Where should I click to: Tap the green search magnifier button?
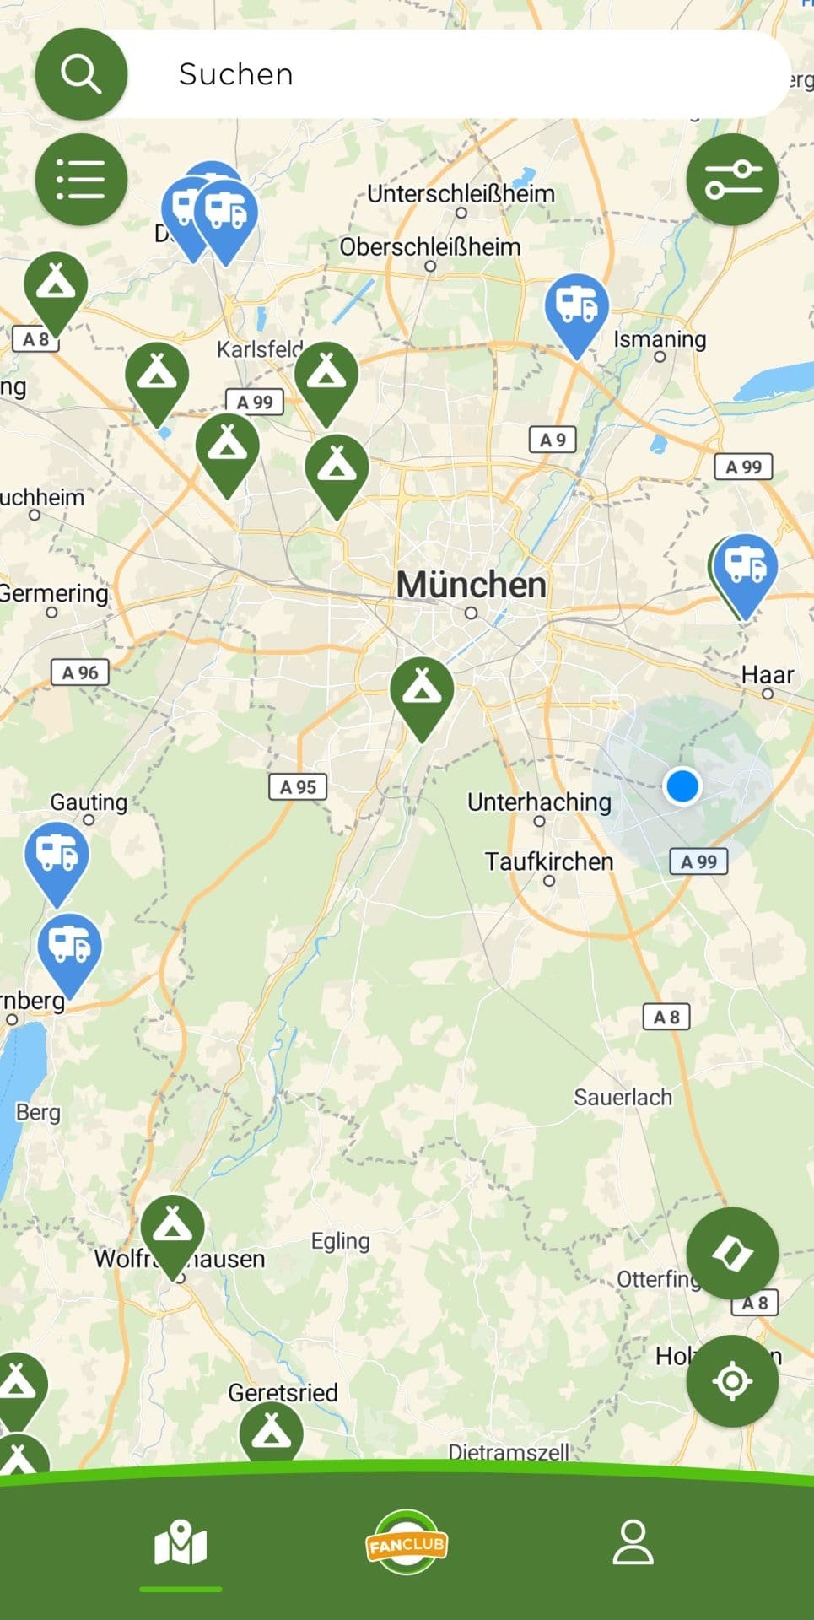[x=81, y=74]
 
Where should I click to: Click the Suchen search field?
[x=456, y=74]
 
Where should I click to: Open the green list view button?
[x=81, y=180]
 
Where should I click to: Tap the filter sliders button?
[x=732, y=180]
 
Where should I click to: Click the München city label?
[x=471, y=585]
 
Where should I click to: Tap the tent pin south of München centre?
[x=422, y=691]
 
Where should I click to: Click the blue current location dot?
[x=682, y=786]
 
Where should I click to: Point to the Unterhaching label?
[x=539, y=802]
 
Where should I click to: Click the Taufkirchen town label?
[x=548, y=861]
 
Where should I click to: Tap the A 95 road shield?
[x=297, y=787]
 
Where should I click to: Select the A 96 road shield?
[x=79, y=672]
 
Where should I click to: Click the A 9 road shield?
[x=553, y=440]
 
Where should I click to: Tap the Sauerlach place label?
[x=623, y=1097]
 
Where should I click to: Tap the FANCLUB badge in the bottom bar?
[x=407, y=1543]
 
